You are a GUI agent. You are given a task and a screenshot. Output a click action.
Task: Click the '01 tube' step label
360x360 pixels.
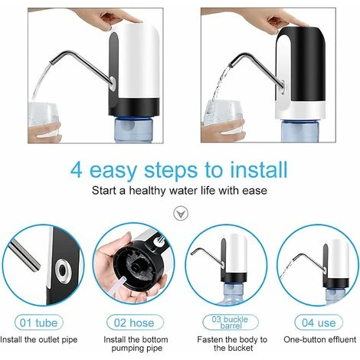(39, 323)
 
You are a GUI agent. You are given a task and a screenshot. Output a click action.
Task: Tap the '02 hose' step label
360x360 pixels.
(135, 323)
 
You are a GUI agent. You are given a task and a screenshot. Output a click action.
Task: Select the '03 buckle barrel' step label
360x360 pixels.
(231, 322)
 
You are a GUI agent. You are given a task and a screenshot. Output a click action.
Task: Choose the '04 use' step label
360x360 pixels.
(319, 323)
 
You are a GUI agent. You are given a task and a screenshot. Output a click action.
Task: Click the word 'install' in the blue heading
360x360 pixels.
(258, 169)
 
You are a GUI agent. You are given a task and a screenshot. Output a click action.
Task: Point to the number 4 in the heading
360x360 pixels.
(76, 170)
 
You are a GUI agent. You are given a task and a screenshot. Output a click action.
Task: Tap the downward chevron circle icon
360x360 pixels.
(181, 214)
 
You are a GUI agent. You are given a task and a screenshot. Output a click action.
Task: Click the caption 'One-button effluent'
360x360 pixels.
(319, 339)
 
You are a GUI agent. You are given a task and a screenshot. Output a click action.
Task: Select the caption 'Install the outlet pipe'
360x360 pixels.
(39, 340)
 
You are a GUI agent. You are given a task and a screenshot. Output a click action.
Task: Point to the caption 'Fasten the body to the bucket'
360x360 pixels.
(232, 344)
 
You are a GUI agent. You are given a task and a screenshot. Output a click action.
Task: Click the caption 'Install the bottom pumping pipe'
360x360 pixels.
(136, 344)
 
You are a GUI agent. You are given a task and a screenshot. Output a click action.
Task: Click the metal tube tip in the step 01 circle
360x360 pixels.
(36, 267)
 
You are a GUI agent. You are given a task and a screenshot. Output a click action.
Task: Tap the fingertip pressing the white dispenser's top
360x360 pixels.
(136, 21)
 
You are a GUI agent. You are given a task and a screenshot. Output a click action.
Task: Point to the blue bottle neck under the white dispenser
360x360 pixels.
(133, 129)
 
